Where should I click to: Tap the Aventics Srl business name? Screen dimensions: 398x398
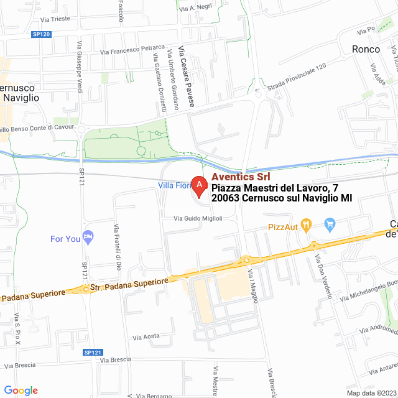click(x=241, y=177)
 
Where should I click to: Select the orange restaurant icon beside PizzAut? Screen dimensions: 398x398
click(x=305, y=224)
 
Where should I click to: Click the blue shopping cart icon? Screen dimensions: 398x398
click(x=330, y=224)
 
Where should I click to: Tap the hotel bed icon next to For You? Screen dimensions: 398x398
click(x=89, y=236)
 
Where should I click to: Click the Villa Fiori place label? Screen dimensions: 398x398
click(x=174, y=185)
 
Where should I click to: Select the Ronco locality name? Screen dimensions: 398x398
click(x=366, y=49)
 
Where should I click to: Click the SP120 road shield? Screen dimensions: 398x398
click(x=41, y=35)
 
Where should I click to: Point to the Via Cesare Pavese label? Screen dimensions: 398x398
click(x=185, y=76)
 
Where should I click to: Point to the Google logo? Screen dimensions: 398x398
click(x=21, y=391)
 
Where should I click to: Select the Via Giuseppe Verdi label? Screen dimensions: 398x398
click(x=80, y=67)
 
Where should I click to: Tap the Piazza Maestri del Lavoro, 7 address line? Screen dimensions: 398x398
click(x=278, y=188)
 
